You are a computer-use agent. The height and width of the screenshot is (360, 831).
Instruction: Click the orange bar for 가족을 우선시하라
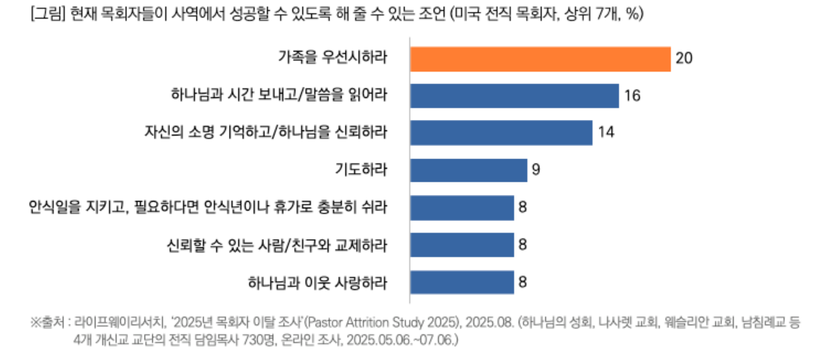click(540, 58)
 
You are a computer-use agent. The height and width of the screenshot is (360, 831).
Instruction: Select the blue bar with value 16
click(514, 96)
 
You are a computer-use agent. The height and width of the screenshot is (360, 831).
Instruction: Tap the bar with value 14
click(501, 133)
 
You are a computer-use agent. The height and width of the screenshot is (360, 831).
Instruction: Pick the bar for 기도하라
click(468, 170)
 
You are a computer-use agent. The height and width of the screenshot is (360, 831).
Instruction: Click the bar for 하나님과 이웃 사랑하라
click(462, 282)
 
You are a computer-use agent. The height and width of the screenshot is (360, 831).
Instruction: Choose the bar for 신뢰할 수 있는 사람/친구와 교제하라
click(462, 244)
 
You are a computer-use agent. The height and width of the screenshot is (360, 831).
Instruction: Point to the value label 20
click(684, 58)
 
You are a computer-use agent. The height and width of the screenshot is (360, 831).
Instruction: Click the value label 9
click(537, 170)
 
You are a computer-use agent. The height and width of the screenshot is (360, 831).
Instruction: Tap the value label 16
click(631, 96)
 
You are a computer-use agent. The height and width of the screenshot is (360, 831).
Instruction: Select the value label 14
click(605, 133)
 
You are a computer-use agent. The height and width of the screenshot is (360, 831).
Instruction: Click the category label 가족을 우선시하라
click(333, 58)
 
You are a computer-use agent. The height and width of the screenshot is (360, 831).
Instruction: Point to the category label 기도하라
click(361, 170)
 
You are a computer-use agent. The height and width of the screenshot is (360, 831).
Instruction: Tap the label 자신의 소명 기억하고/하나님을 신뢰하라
click(266, 133)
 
